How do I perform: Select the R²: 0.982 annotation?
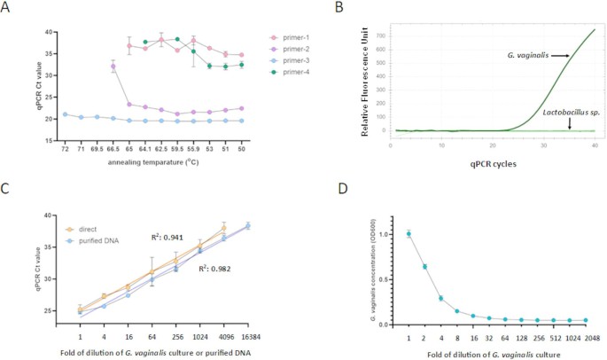click(217, 266)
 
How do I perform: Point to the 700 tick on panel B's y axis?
click(379, 36)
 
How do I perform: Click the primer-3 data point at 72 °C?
click(65, 114)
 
